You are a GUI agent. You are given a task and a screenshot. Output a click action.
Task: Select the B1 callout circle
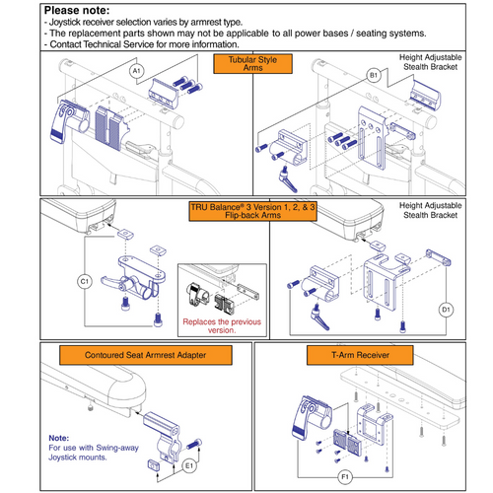[x=374, y=74]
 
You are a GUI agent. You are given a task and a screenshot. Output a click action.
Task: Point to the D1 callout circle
[x=444, y=308]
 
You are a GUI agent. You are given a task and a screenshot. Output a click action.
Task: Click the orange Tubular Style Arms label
[x=246, y=65]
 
